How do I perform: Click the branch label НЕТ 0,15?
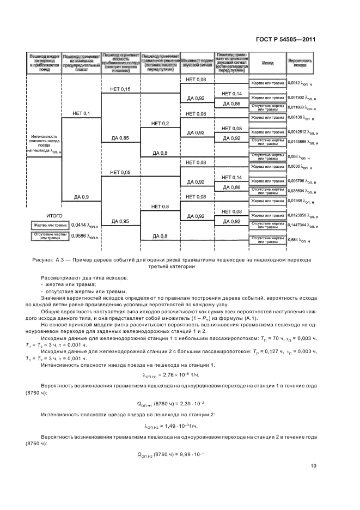(120, 89)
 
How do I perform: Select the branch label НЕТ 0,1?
(81, 113)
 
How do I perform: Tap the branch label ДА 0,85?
(120, 138)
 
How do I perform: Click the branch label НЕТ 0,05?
(120, 172)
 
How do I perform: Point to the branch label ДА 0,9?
(81, 196)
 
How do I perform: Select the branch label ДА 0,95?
(120, 221)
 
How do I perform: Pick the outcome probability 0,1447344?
(297, 224)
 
